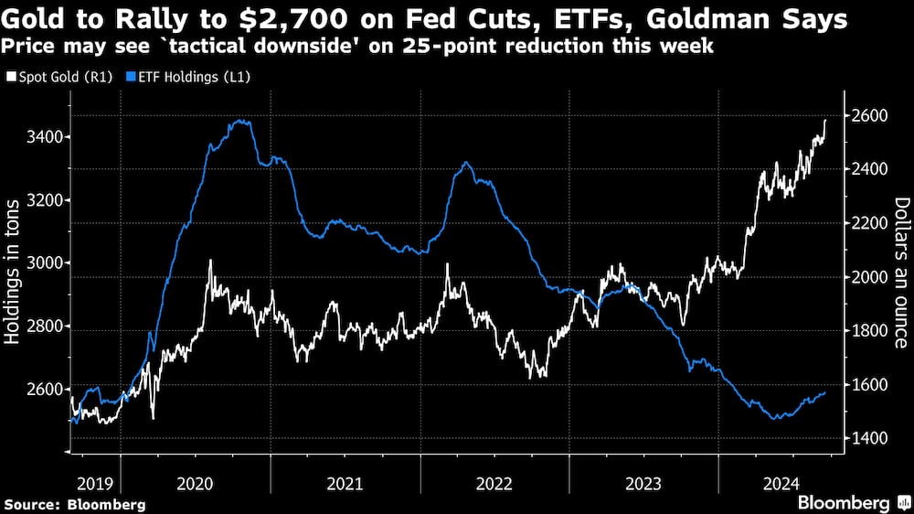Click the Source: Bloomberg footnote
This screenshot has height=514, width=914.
tap(75, 504)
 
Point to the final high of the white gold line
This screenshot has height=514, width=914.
tap(826, 120)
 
